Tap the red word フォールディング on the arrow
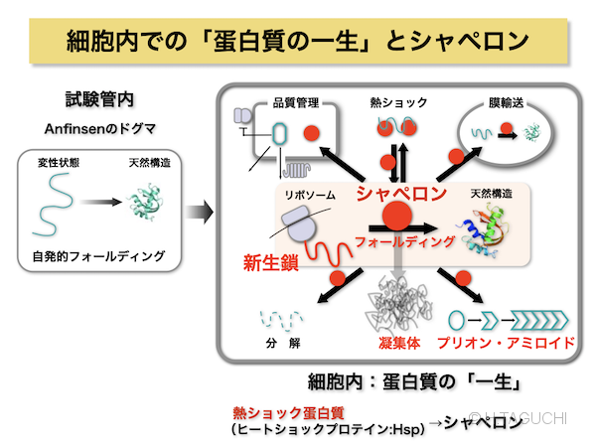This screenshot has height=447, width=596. (405, 240)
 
